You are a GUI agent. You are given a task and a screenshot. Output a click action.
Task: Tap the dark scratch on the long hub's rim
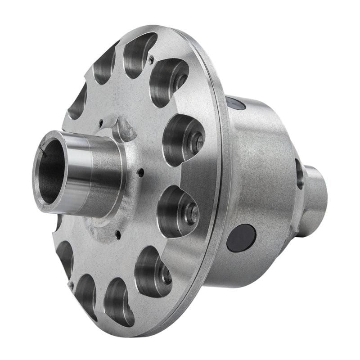tap(43, 152)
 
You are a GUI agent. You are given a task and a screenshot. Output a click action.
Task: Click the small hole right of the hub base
tap(141, 172)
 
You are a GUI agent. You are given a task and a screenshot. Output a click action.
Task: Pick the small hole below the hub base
tap(118, 234)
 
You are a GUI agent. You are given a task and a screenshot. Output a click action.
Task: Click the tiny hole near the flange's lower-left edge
tap(71, 284)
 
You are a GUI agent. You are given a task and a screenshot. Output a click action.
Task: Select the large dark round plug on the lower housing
tap(241, 238)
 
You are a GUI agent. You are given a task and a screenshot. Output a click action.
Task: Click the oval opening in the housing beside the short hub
tap(299, 173)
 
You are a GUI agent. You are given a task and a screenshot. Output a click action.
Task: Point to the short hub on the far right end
tap(315, 198)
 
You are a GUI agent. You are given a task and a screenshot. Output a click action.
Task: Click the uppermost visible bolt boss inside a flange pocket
tap(180, 81)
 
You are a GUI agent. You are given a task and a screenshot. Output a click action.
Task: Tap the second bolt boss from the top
tap(197, 142)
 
